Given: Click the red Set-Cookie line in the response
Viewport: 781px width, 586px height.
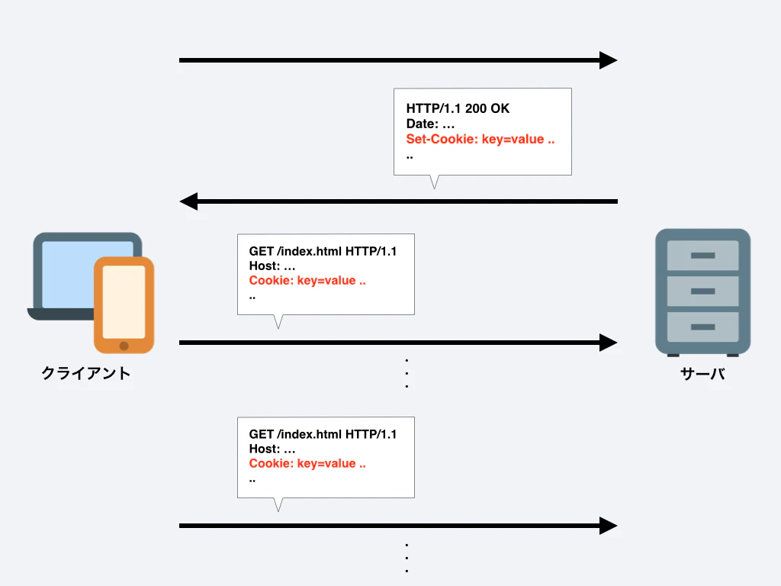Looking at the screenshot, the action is click(480, 139).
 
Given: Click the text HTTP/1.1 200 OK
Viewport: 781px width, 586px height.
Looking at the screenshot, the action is click(458, 108).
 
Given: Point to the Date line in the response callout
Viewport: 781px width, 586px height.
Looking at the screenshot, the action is click(430, 124).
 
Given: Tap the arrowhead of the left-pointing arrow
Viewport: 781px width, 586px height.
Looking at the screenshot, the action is click(188, 201).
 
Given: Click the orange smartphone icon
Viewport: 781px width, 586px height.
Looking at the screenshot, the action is click(124, 305).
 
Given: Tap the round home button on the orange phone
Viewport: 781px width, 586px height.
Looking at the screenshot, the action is click(124, 346).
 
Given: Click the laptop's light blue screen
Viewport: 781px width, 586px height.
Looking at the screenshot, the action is click(69, 274).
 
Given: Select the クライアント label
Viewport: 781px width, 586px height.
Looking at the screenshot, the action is click(86, 373).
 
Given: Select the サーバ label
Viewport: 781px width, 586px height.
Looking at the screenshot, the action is click(702, 374).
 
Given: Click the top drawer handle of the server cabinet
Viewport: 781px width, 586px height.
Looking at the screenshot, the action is click(702, 256).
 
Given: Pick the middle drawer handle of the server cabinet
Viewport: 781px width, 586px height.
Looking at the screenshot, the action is click(702, 291).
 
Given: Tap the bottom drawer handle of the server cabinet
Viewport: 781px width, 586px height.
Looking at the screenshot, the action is click(702, 327).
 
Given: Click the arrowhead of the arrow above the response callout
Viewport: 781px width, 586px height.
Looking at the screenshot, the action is click(608, 60).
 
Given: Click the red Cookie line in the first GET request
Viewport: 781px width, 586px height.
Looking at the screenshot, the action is click(307, 281).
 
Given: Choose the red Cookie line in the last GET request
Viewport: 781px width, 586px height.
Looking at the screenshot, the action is click(307, 463).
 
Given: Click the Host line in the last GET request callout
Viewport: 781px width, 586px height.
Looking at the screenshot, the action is click(272, 449).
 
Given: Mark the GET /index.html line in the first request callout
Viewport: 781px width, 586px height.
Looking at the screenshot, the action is click(323, 251).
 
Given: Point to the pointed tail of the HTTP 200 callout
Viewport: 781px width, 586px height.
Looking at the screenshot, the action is click(434, 188).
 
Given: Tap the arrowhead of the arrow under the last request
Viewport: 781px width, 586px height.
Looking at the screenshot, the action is click(608, 526).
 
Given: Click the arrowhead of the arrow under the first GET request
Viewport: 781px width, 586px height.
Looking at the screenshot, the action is click(608, 343).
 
